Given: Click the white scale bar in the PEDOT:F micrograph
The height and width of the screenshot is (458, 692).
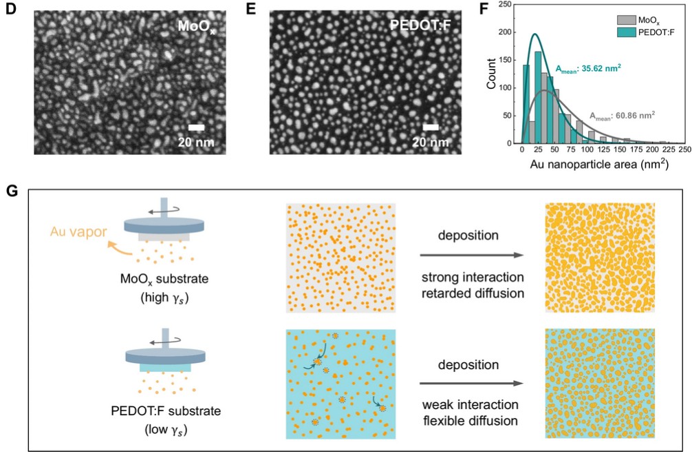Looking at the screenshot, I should [x=431, y=127].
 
